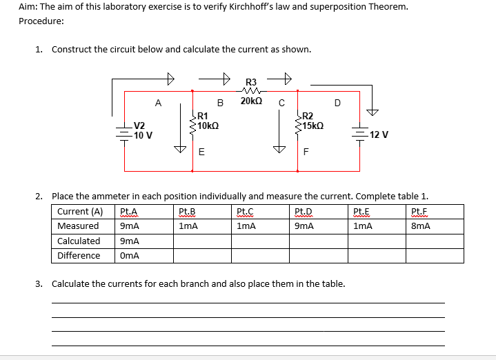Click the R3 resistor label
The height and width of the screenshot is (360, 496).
coord(250,82)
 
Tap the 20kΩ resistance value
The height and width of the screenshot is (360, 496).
coord(250,101)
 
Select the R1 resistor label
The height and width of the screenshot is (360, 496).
coord(202,117)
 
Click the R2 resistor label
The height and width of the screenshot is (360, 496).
coord(308,117)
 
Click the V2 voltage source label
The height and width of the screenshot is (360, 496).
coord(139,126)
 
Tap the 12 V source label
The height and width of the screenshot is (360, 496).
coord(379,134)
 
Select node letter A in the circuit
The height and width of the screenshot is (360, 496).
coord(159,103)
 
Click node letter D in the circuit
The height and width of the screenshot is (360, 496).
coord(337,103)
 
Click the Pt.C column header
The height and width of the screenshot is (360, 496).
coord(245,212)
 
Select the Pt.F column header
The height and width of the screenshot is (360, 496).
coord(419,212)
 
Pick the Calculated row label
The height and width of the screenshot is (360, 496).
coord(79,241)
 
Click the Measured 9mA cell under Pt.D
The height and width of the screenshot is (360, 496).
coord(303,226)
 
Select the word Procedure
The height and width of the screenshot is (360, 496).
coord(41,21)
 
